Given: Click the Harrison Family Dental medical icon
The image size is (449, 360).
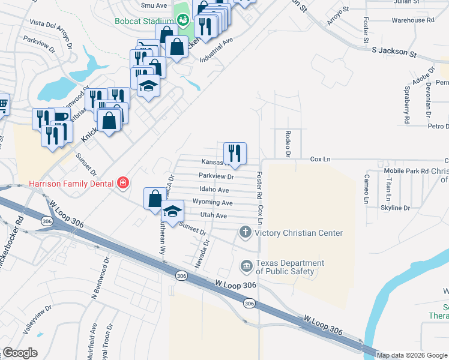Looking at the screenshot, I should tap(123, 182).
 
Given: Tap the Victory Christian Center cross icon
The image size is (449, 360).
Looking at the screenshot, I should tap(245, 232).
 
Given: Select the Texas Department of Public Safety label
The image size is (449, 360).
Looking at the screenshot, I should tap(290, 268).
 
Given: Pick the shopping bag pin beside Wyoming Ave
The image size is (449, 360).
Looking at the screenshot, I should tap(155, 198).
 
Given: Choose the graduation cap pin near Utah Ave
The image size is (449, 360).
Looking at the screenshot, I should tap(172, 211).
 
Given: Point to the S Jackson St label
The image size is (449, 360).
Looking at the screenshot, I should tap(394, 53).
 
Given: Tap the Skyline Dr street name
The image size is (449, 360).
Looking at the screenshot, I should tap(395, 208).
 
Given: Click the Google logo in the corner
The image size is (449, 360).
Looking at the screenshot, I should tap(20, 353).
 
